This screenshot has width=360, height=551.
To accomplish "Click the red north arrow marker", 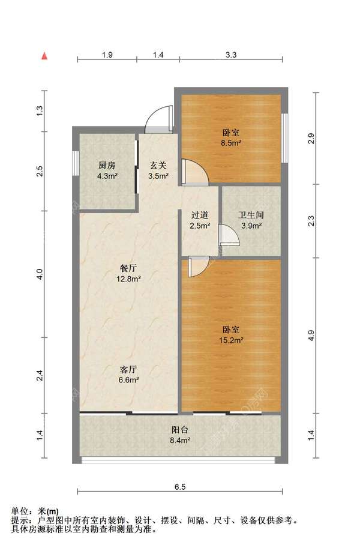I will tap(44, 56).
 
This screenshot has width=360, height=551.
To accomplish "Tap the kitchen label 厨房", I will tap(107, 165).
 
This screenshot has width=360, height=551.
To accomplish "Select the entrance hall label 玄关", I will tap(158, 165).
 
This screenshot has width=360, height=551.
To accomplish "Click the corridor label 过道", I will tap(200, 215).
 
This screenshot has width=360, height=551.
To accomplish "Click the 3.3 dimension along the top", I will tap(231, 55).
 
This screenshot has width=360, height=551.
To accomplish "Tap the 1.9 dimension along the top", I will tap(107, 55).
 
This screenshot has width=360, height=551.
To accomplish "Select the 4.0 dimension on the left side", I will tap(40, 274).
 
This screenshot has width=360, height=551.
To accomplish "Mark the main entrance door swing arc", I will tap(159, 118).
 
